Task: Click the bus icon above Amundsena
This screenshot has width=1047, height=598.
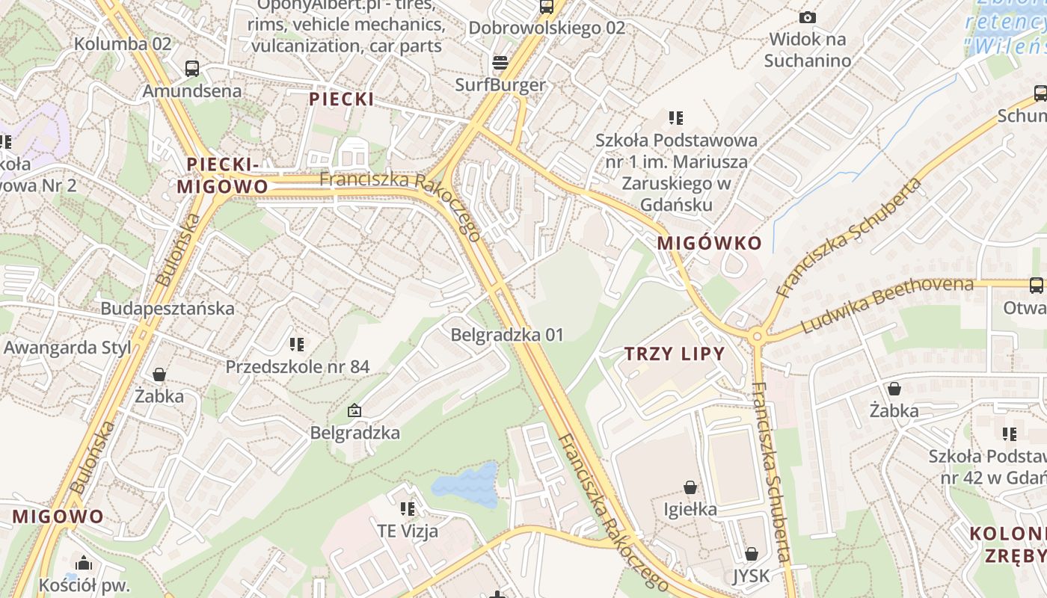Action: (x=192, y=69)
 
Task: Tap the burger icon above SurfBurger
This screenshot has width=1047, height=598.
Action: (x=500, y=62)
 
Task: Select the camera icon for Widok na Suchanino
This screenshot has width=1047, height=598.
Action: (x=808, y=17)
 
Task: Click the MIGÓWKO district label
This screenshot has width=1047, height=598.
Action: (x=709, y=243)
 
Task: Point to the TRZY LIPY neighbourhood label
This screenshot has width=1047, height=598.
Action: (x=675, y=354)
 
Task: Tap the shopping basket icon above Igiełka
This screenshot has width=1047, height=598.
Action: (x=690, y=487)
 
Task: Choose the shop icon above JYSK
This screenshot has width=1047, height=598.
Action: (x=751, y=554)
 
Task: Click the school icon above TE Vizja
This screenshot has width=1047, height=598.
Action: (x=408, y=509)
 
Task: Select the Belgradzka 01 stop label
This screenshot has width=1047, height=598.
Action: (x=506, y=335)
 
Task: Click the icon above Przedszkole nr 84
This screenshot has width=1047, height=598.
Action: (x=297, y=345)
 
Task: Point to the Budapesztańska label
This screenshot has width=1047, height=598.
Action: (x=168, y=308)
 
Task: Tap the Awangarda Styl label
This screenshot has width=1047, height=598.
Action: (x=67, y=348)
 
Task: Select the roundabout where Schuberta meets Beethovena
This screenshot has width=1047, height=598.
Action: (x=757, y=337)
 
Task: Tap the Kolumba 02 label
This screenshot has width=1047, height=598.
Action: (x=123, y=43)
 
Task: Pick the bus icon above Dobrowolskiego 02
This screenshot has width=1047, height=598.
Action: (x=547, y=7)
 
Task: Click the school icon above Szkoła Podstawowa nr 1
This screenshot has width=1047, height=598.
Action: (x=676, y=118)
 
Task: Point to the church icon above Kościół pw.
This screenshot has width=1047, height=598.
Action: (x=84, y=563)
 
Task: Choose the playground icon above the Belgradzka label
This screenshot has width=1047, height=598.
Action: (x=354, y=410)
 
